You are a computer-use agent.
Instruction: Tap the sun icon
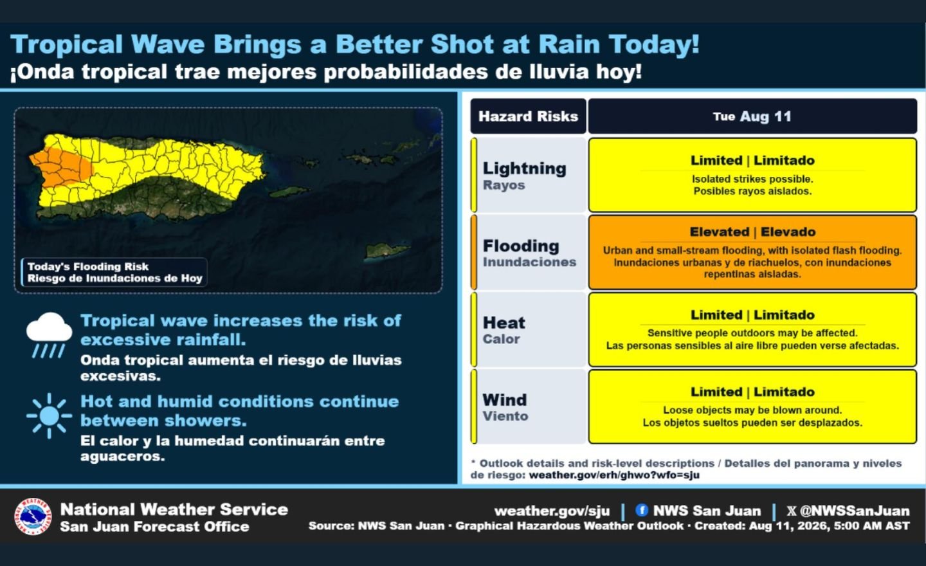[x=49, y=415]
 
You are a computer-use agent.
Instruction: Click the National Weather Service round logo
[x=33, y=516]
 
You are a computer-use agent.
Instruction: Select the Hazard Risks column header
[x=528, y=116]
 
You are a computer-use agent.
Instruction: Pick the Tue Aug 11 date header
[x=752, y=116]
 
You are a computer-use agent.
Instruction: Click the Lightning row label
[x=524, y=176]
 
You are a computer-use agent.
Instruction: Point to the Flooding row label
[x=529, y=253]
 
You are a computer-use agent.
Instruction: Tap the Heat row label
[x=504, y=329]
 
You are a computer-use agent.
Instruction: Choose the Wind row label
[x=505, y=407]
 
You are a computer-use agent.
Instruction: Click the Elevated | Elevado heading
[x=752, y=232]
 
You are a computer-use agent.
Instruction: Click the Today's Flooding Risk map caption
[x=114, y=272]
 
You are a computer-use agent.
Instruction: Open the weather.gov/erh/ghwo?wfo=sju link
[x=614, y=475]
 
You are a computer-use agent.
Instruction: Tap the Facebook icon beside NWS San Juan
[x=642, y=510]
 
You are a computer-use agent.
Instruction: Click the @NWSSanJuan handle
[x=854, y=511]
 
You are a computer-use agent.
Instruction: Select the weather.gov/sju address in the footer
[x=552, y=511]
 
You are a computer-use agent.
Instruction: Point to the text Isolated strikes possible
[x=752, y=179]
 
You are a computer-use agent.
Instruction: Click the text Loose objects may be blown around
[x=752, y=410]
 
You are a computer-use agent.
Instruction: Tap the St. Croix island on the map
[x=387, y=251]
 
